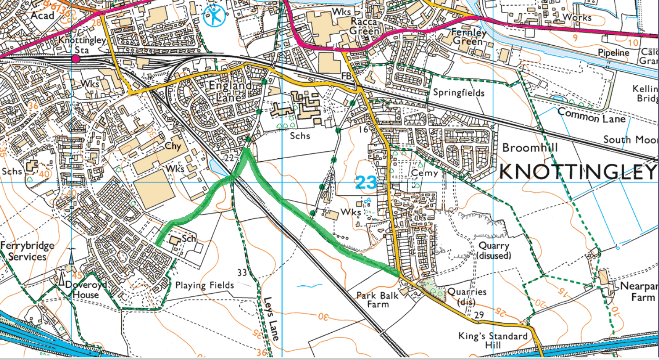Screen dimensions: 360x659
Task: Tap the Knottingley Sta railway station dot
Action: coord(76,59)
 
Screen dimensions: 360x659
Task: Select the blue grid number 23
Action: coord(366,182)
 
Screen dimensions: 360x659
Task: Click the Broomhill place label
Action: coord(530,148)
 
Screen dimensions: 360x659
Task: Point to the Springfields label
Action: coord(459,93)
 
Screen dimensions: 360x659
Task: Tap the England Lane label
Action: coord(230,91)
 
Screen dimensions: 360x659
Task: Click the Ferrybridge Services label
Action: coord(27,251)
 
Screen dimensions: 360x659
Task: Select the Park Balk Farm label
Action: coord(377,300)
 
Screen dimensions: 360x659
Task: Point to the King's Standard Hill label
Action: coord(492,340)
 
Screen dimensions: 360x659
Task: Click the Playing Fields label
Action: coord(204,285)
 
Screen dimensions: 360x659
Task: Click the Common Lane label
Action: coord(591,116)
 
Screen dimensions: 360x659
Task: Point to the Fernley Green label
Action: coord(468,36)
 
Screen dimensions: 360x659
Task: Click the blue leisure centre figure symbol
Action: coord(215,16)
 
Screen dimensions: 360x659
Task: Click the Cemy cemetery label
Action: coord(424,173)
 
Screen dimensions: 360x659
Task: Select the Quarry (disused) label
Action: coord(494,251)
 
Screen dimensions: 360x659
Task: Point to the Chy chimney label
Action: coord(173,146)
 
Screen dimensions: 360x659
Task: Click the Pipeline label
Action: coord(613,53)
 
